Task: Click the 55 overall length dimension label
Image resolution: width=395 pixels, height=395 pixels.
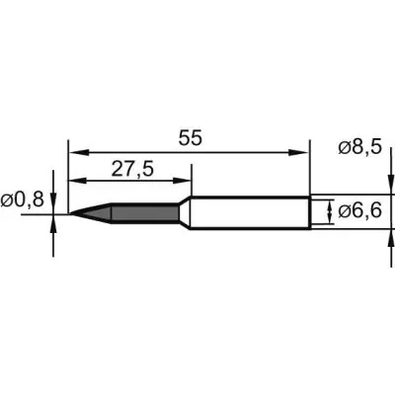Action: pyautogui.click(x=190, y=138)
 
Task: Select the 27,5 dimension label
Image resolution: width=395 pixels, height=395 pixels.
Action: pyautogui.click(x=132, y=170)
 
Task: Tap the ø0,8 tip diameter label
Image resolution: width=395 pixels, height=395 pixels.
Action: pyautogui.click(x=23, y=199)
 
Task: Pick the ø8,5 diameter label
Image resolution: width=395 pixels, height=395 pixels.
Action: pyautogui.click(x=360, y=146)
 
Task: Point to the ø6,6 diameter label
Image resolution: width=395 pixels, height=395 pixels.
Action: pyautogui.click(x=360, y=210)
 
